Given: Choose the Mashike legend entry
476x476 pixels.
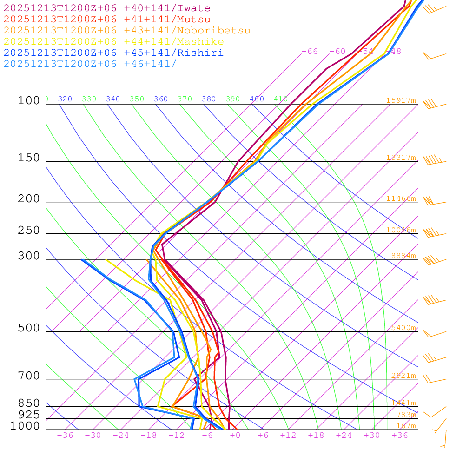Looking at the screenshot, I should click(x=113, y=42).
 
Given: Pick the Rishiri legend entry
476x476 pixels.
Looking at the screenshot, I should click(x=113, y=53).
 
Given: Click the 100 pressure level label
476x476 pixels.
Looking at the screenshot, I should click(x=29, y=100).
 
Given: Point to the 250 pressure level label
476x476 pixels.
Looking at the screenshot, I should click(x=29, y=231).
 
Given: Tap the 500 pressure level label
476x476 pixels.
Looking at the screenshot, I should click(x=29, y=328).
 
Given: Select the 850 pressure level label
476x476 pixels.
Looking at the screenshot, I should click(x=29, y=403).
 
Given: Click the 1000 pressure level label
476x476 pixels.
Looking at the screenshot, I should click(x=25, y=426).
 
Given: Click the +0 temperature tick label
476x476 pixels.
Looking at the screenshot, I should click(x=235, y=436).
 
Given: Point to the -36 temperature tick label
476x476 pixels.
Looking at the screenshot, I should click(x=65, y=436).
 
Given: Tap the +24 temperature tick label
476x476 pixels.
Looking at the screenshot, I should click(x=344, y=436).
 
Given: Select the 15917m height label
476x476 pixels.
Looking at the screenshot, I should click(x=401, y=100).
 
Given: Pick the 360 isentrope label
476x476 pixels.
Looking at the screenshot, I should click(x=161, y=99).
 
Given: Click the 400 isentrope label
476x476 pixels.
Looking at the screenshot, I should click(x=257, y=99).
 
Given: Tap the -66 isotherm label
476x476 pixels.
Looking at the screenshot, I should click(x=310, y=52).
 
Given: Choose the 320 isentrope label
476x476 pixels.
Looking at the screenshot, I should click(x=65, y=99).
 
